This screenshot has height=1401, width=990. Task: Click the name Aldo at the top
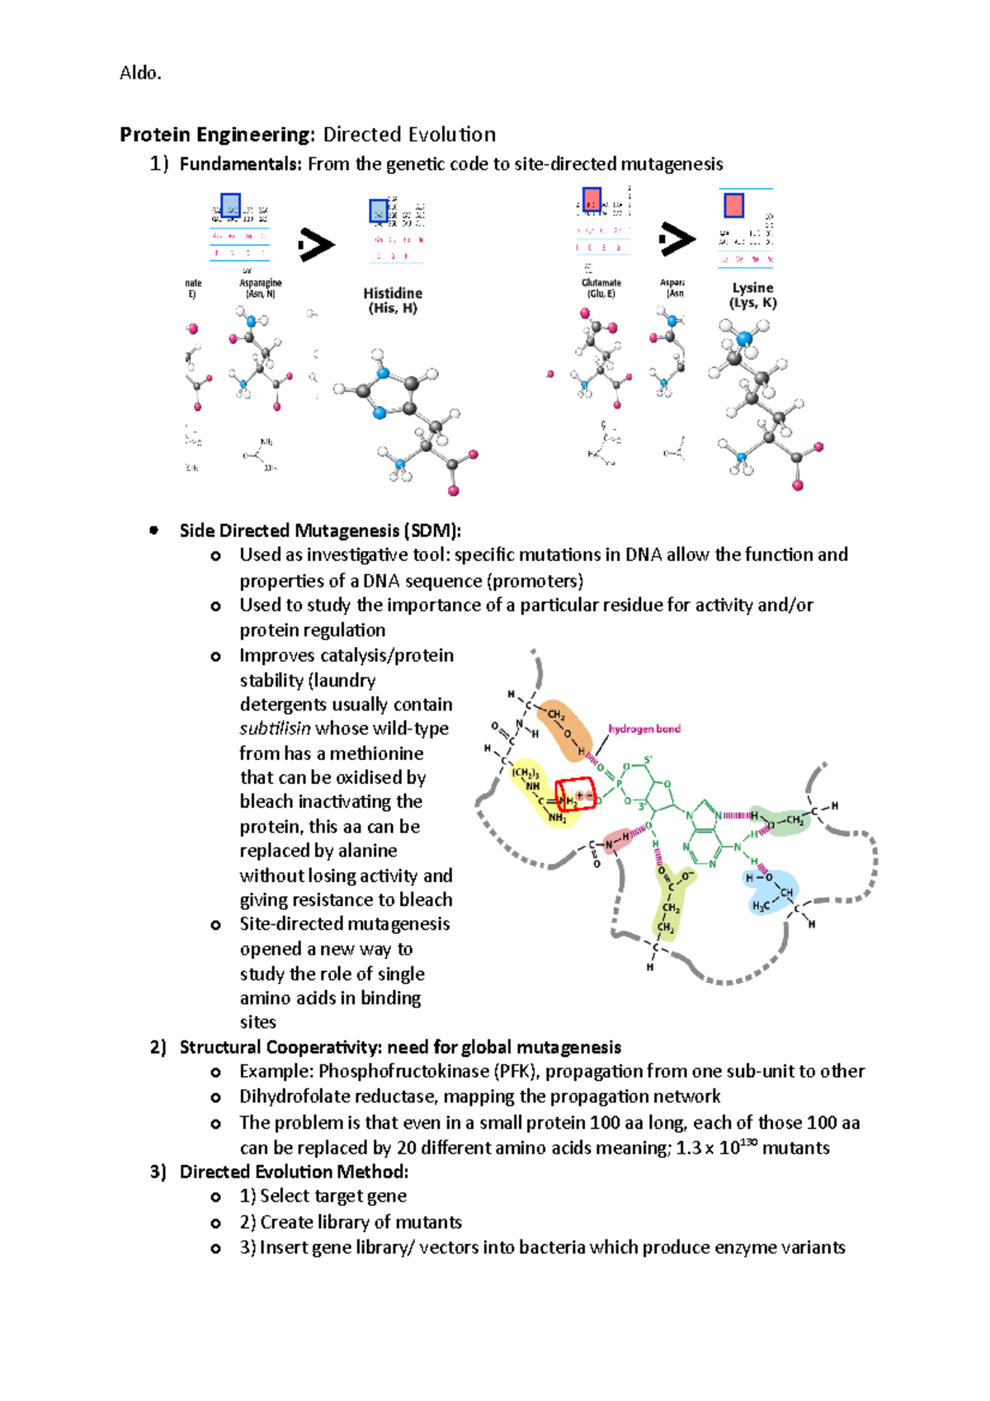click(139, 73)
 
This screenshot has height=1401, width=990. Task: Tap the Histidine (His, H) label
click(393, 300)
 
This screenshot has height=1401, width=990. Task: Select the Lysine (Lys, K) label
click(752, 295)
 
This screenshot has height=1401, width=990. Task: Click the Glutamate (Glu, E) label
click(601, 288)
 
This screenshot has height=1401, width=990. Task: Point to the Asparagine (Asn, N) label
click(260, 288)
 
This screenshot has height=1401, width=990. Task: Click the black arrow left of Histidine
click(316, 244)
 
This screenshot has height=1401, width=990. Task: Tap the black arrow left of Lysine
click(676, 239)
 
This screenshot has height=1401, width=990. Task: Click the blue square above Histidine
click(379, 210)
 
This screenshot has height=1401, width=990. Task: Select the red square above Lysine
click(733, 205)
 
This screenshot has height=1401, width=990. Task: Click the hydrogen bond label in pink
click(644, 729)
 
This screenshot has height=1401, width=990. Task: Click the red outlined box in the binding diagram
click(576, 795)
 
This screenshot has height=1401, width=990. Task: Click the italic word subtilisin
click(275, 729)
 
